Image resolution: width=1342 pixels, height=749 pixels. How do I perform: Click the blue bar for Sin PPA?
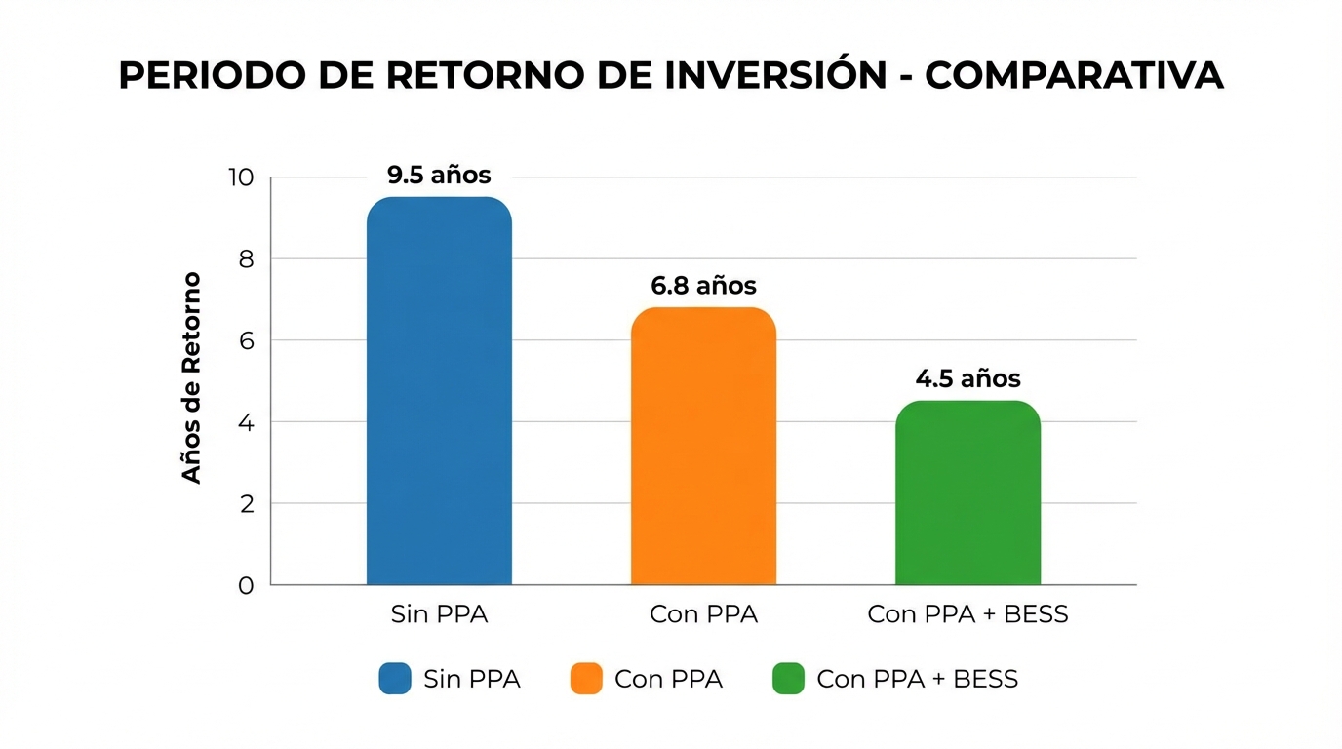pos(439,390)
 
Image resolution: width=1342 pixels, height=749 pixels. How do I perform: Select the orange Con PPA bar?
pos(703,446)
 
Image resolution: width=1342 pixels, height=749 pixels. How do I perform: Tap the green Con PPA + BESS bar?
pos(967,493)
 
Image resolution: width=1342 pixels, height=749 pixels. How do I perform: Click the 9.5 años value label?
pos(439,176)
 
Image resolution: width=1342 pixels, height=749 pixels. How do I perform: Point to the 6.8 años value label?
pos(703,286)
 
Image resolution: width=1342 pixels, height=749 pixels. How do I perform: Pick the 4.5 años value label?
pos(967,378)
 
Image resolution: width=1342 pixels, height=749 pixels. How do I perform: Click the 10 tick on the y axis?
pos(241,177)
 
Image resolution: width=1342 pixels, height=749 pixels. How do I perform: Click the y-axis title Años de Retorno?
pos(192,377)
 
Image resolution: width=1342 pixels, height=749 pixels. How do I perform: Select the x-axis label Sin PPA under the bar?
pos(439,615)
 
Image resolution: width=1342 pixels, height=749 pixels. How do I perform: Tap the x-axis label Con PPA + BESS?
pos(967,615)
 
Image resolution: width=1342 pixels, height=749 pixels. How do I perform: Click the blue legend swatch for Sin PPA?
pos(395,679)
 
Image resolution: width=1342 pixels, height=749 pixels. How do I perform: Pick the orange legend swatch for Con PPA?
pos(586,679)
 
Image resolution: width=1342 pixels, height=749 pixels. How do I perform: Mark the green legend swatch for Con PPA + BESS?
pos(788,679)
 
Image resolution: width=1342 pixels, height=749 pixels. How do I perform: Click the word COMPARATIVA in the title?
pos(1074,75)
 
